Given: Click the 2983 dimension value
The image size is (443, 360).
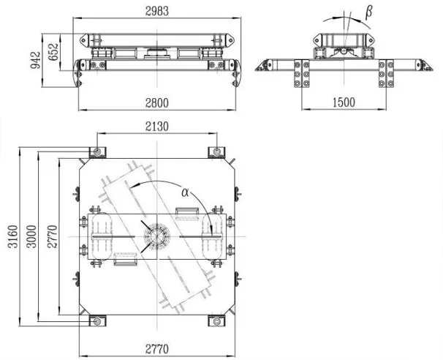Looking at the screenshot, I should click(x=156, y=10).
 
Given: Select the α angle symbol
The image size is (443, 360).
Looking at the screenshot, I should click(x=186, y=192).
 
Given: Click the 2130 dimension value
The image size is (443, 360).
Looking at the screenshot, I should click(x=156, y=126).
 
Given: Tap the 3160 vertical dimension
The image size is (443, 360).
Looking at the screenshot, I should click(x=10, y=239).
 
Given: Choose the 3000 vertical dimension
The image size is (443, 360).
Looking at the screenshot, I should click(x=29, y=239).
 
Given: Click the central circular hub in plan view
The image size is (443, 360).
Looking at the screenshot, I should click(x=156, y=239).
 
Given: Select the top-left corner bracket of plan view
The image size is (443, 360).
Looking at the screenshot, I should click(x=96, y=151).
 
